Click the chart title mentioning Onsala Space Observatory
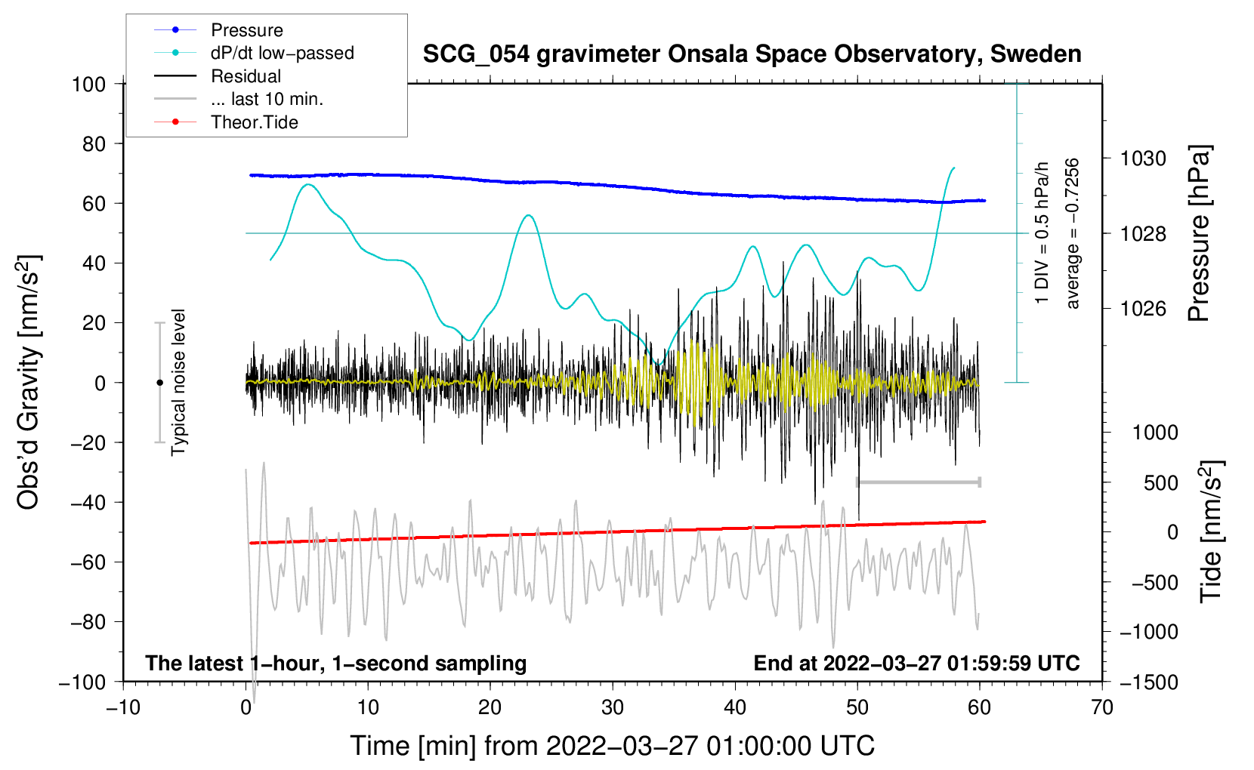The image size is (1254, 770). pos(752,54)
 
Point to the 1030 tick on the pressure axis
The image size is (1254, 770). pos(1143,159)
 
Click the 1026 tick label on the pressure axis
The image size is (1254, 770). pos(1143,308)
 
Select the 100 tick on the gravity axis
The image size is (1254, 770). pos(89,85)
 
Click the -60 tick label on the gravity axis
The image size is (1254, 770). pos(88,562)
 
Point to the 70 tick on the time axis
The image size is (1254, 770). pos(1102,707)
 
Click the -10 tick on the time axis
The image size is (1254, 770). pos(123,707)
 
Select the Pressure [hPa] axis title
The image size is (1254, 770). pos(1199,233)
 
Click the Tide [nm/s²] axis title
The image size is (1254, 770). pos(1212,531)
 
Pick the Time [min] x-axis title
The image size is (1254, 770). pos(613,747)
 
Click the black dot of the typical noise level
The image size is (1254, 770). pos(159,383)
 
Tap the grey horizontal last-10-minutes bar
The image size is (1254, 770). pos(918,482)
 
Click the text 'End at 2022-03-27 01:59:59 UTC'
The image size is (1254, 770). pos(916,663)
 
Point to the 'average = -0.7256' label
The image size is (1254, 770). pos(1071,234)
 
